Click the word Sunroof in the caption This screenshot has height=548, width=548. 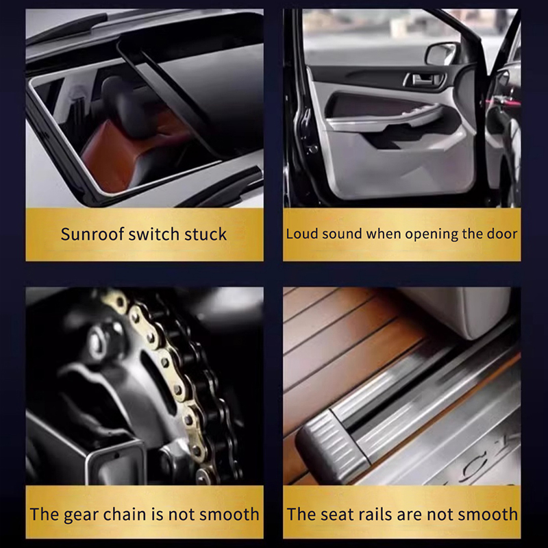(x=92, y=234)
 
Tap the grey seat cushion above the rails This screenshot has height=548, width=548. (x=458, y=311)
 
